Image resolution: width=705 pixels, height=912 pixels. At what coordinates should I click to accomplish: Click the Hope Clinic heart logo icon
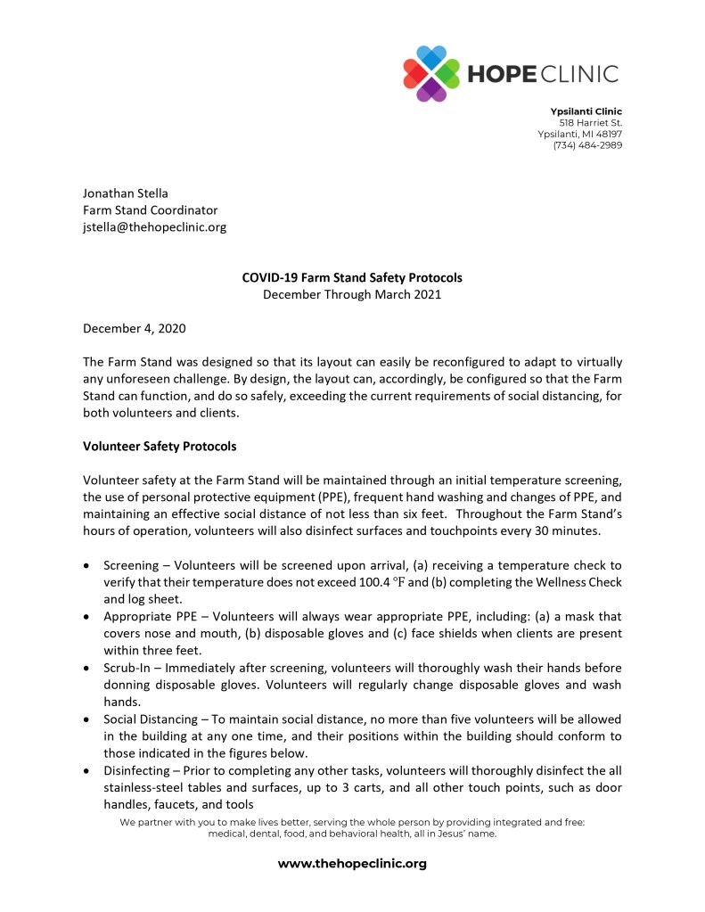pyautogui.click(x=431, y=73)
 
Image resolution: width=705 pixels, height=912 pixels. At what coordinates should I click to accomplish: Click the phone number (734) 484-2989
pyautogui.click(x=587, y=145)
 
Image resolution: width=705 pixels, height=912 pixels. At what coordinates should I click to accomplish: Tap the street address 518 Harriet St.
pyautogui.click(x=590, y=122)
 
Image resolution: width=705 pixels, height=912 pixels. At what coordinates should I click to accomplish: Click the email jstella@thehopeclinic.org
pyautogui.click(x=154, y=226)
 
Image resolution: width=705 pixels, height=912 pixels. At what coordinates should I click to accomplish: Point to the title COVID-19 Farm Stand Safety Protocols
pyautogui.click(x=352, y=277)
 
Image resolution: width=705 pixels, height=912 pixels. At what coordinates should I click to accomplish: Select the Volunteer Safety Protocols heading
pyautogui.click(x=160, y=446)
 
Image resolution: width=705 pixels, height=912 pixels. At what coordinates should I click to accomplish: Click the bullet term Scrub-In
pyautogui.click(x=129, y=668)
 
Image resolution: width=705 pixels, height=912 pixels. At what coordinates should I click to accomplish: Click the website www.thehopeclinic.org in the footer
pyautogui.click(x=352, y=863)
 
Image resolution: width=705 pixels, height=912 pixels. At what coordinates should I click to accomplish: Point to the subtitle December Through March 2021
pyautogui.click(x=352, y=294)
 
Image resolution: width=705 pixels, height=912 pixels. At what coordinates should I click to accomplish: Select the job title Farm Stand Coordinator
pyautogui.click(x=150, y=210)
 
